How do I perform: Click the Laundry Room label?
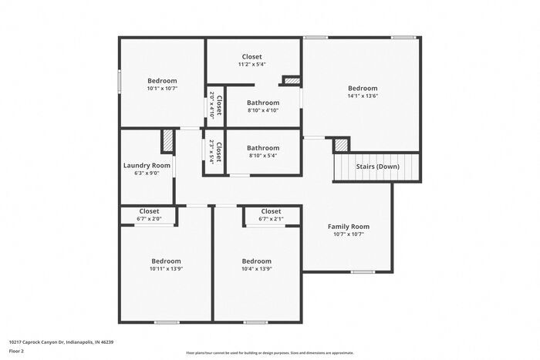point(147,166)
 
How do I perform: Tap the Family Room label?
point(349,227)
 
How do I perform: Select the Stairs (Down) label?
point(377,167)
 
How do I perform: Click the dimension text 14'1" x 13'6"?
point(363,97)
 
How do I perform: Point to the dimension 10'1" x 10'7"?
point(162,89)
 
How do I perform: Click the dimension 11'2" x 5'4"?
point(252,64)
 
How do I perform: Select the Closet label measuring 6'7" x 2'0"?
point(149,211)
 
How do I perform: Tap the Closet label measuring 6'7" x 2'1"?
point(271,211)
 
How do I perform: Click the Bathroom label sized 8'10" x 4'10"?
point(263,103)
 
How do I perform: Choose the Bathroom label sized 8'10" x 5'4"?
point(263,148)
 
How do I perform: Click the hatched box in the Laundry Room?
point(167,142)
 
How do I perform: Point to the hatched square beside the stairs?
point(341,145)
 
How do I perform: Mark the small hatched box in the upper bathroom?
point(292,79)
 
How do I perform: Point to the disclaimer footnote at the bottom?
point(269,352)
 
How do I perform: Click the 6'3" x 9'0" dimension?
point(147,173)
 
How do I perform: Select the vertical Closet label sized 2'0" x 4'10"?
point(219,103)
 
